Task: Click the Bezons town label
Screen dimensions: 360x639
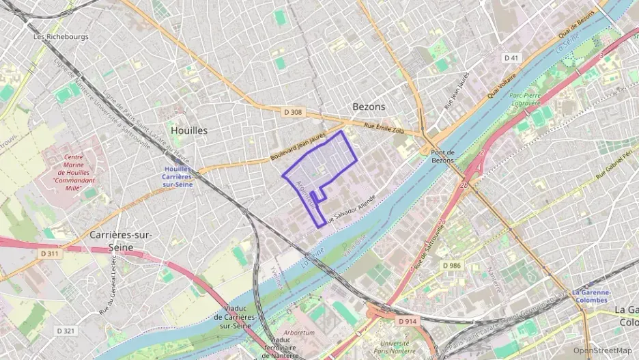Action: [x=369, y=107]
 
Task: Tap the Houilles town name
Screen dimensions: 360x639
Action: [x=189, y=130]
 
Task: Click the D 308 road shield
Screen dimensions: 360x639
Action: [x=292, y=111]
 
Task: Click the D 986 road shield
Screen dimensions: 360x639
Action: [x=451, y=265]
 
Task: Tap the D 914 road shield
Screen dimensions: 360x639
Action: [x=406, y=320]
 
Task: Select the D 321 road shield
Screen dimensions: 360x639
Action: [x=65, y=331]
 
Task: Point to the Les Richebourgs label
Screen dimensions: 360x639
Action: [x=61, y=36]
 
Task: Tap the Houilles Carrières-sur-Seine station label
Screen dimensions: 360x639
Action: [x=178, y=177]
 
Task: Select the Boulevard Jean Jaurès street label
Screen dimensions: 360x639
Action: [x=299, y=147]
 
